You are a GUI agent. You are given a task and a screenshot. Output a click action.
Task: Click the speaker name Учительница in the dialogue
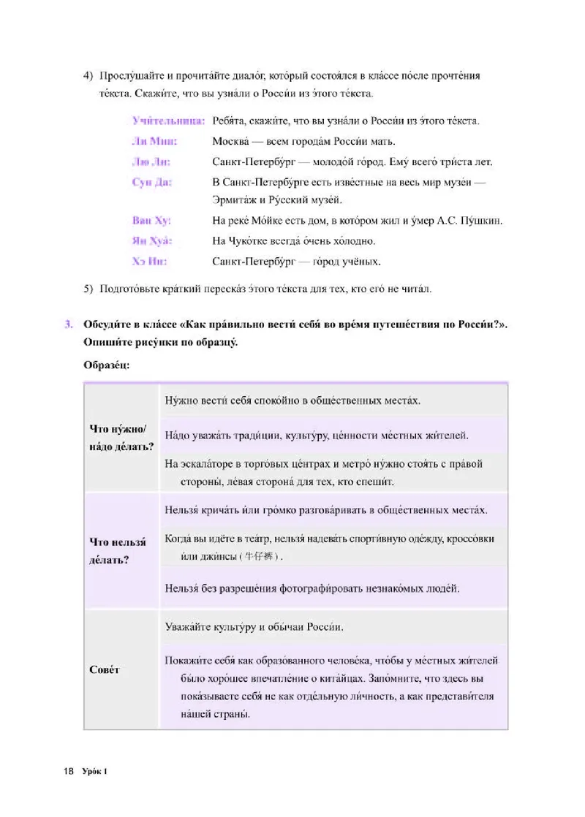[167, 121]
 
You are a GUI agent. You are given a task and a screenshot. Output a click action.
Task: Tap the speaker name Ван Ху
[151, 220]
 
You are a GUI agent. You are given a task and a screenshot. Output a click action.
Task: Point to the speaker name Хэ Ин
[149, 261]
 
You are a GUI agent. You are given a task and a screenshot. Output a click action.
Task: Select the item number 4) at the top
[88, 76]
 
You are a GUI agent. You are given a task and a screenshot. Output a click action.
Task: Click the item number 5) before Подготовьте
[88, 289]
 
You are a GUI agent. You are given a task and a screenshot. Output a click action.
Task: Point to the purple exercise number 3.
[68, 324]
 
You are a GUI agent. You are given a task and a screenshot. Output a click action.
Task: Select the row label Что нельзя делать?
[117, 551]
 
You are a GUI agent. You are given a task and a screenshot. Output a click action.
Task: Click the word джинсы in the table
[216, 556]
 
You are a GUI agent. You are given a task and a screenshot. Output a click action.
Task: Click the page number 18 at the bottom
[69, 771]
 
